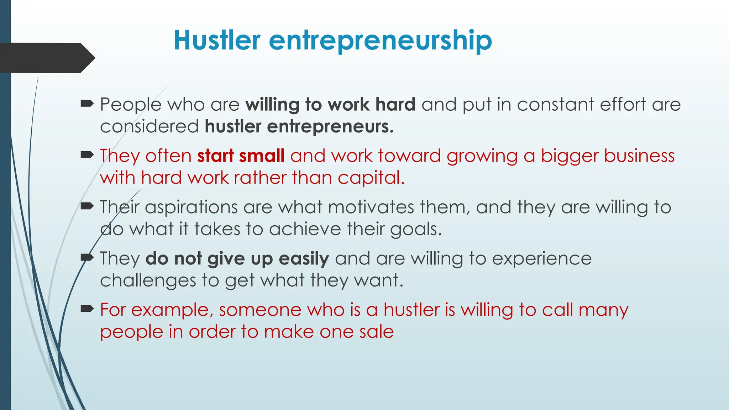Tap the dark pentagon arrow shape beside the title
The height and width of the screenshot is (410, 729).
[x=46, y=58]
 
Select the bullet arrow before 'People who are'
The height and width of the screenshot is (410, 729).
[x=87, y=104]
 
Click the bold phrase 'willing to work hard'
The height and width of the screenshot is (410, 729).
[x=330, y=105]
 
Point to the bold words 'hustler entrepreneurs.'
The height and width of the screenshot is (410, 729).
[x=299, y=127]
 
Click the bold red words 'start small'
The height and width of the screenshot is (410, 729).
[x=241, y=156]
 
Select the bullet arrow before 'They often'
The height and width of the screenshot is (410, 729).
[x=87, y=155]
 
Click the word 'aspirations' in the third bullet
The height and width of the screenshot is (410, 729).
[x=191, y=207]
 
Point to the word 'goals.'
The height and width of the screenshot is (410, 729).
[x=416, y=230]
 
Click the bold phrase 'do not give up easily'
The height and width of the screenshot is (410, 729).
[x=237, y=259]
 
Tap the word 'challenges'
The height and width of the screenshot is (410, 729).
[x=148, y=281]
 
